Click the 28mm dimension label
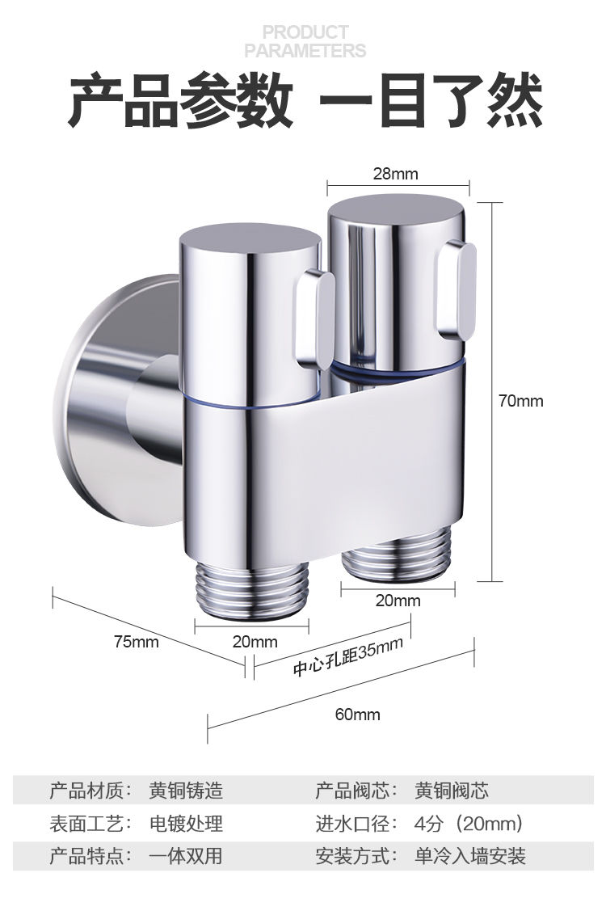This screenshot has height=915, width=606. click(395, 173)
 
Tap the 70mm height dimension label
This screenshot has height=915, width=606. click(521, 401)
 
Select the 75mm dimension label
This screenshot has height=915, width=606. click(136, 642)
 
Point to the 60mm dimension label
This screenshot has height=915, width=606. click(357, 715)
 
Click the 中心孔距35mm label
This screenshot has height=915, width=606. click(347, 657)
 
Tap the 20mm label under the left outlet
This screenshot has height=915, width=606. click(255, 642)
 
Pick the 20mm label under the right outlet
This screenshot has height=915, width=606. click(398, 601)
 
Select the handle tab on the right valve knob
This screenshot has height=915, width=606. click(456, 290)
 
